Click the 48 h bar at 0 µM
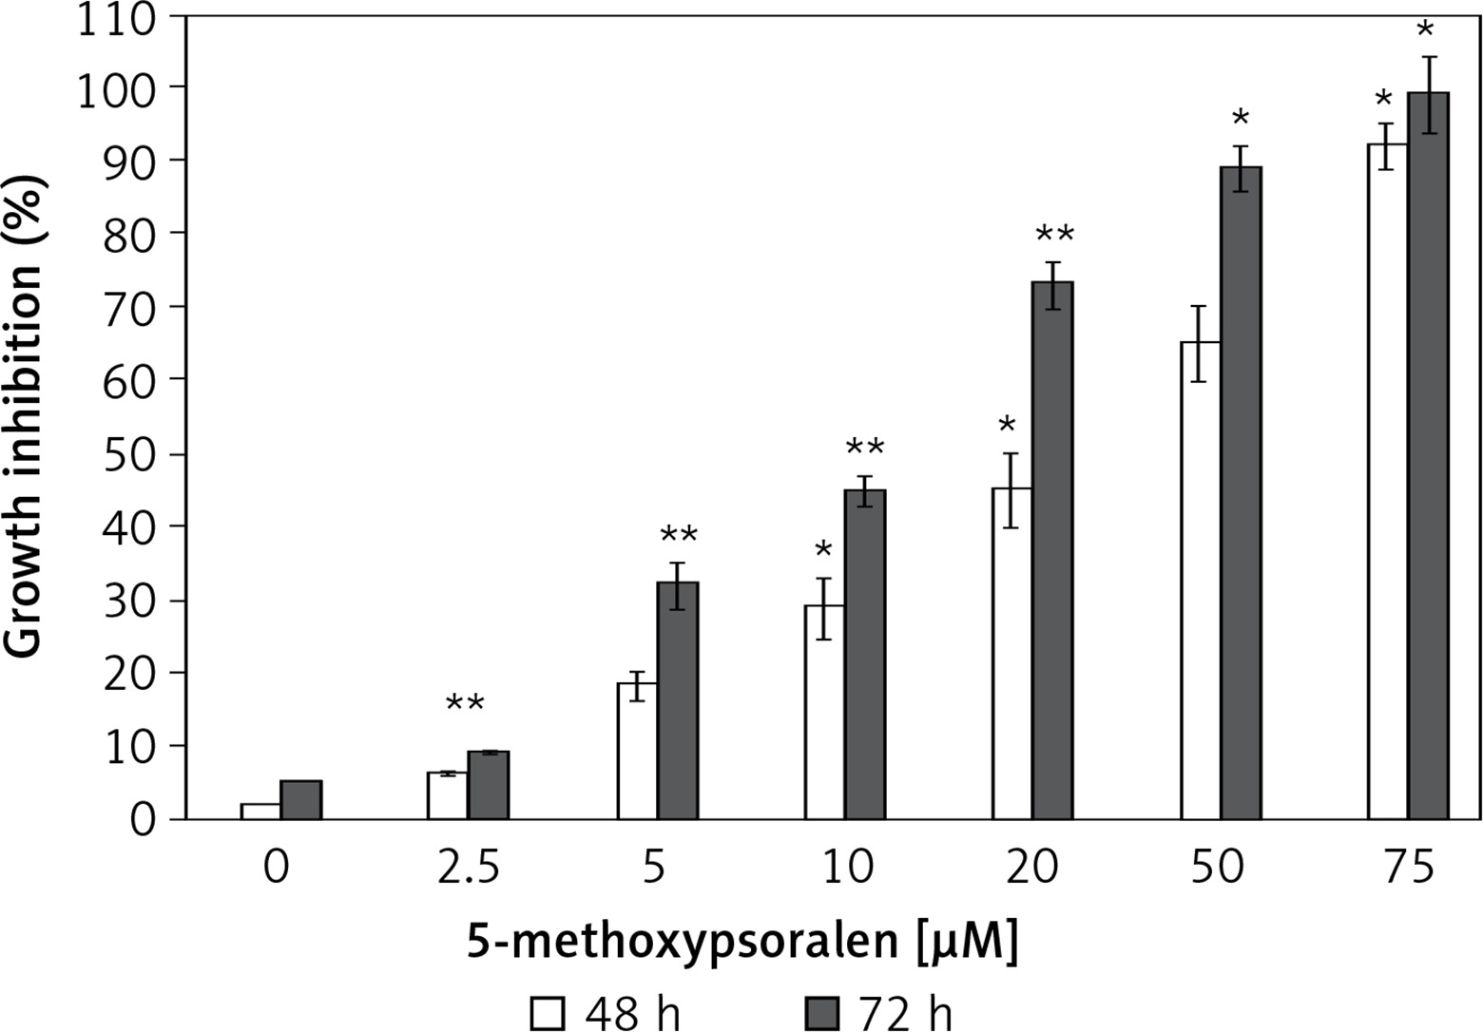pyautogui.click(x=260, y=812)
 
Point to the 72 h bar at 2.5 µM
pyautogui.click(x=489, y=785)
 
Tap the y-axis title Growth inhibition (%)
pyautogui.click(x=25, y=418)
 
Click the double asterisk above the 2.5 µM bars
pyautogui.click(x=465, y=704)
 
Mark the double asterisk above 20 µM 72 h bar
pyautogui.click(x=1054, y=235)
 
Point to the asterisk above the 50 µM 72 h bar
pyautogui.click(x=1241, y=120)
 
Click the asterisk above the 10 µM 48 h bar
pyautogui.click(x=823, y=550)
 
